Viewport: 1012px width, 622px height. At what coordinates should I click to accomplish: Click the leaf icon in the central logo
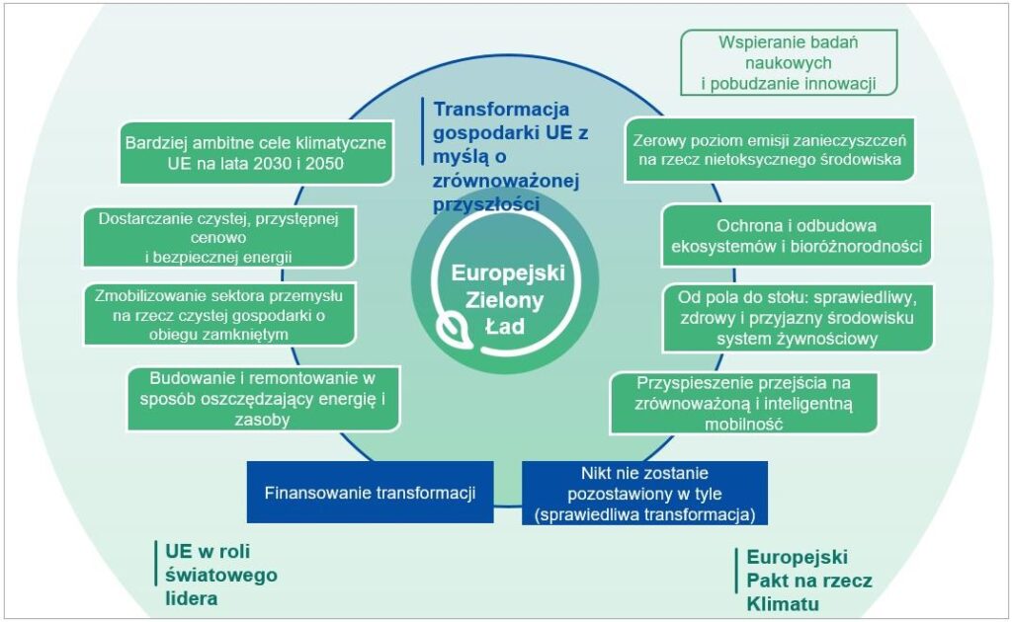455,329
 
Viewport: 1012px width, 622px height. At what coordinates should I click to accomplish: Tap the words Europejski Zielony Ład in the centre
507,299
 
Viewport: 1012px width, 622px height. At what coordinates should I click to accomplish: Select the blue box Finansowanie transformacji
371,493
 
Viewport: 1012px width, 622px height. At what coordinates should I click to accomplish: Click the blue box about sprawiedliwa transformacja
644,494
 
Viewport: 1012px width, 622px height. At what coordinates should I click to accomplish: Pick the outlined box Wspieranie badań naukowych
789,62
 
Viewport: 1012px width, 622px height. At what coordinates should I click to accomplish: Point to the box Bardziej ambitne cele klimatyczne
256,153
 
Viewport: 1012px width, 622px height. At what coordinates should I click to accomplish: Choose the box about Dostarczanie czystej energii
218,237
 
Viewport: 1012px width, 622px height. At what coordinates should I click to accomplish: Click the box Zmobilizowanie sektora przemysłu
219,315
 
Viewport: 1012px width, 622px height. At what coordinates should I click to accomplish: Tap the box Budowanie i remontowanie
263,398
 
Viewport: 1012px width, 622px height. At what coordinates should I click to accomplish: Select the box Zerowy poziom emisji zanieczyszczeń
769,149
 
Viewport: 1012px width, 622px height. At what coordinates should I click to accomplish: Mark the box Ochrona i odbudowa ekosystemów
797,235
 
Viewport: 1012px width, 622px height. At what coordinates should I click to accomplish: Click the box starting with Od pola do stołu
798,318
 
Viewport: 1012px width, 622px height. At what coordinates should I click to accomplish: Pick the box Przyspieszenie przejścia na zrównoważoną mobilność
743,403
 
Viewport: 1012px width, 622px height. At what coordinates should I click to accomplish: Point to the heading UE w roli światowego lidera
220,575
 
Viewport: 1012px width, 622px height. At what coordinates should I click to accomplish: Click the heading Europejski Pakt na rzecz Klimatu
809,581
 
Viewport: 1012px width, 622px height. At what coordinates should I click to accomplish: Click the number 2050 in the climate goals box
325,164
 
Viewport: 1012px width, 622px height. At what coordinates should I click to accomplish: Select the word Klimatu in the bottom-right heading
783,604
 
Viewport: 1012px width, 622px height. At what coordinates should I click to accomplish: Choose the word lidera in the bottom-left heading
191,598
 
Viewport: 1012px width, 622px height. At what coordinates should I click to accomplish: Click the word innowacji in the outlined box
840,84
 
